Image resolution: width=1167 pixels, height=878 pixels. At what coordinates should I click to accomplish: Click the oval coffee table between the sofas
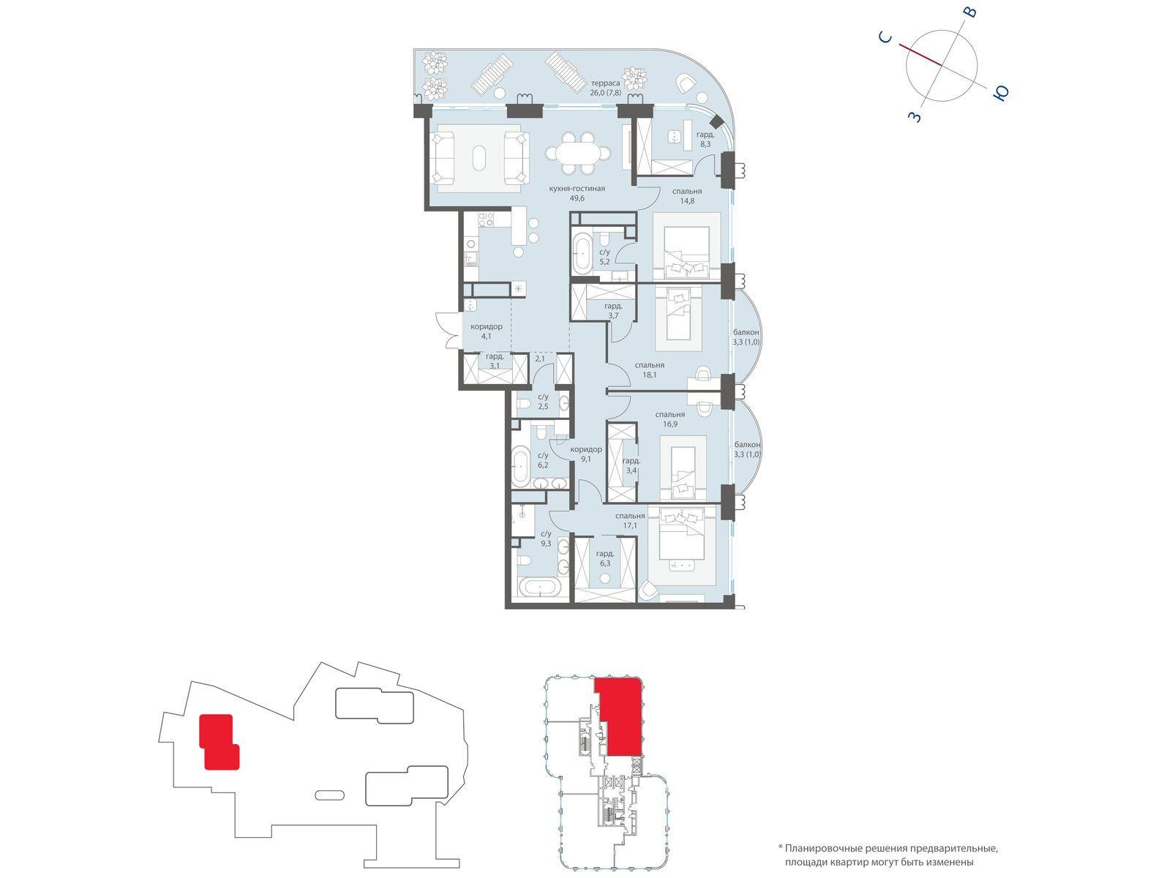(x=479, y=158)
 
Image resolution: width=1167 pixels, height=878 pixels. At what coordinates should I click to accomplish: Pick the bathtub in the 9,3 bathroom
(x=540, y=589)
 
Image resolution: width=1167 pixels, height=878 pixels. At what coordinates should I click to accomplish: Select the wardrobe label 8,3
(x=705, y=144)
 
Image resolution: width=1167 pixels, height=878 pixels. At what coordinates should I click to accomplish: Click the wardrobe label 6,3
(x=604, y=563)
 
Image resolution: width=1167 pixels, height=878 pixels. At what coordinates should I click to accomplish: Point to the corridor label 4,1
(x=486, y=336)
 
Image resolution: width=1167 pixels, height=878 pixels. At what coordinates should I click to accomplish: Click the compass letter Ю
(x=1001, y=94)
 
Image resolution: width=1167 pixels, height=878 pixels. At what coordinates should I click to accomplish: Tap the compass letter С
(x=885, y=38)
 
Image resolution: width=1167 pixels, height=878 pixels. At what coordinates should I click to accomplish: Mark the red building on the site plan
(x=218, y=741)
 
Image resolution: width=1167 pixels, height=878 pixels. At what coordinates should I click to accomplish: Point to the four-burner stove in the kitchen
(x=114, y=219)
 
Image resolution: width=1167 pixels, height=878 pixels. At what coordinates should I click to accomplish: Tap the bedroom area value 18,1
(x=649, y=374)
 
